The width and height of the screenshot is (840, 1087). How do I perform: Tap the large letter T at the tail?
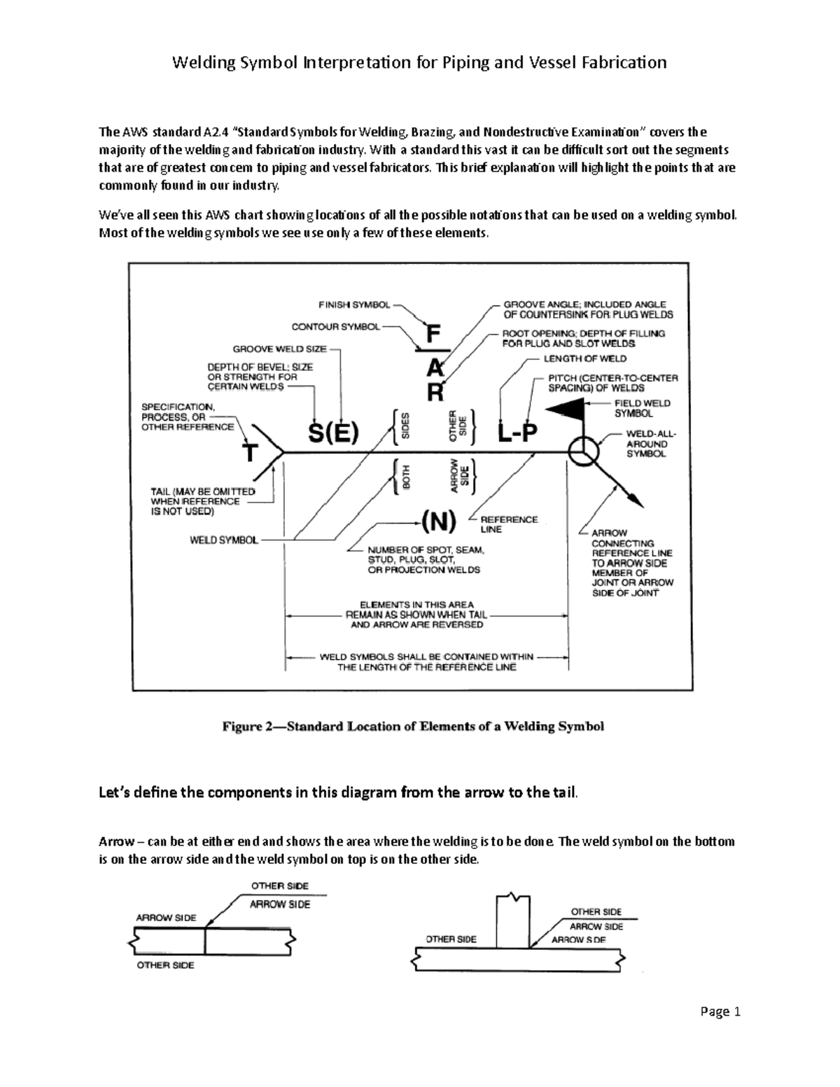[x=249, y=453]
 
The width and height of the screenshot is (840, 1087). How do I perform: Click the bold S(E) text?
[x=334, y=435]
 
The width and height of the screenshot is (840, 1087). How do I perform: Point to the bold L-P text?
[x=517, y=435]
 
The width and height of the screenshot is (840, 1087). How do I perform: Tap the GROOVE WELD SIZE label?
[x=279, y=348]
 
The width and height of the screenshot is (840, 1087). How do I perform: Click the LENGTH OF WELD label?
[x=585, y=358]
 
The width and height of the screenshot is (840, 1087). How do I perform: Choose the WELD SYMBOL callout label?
[x=223, y=540]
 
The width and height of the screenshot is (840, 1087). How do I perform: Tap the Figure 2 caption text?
[x=412, y=727]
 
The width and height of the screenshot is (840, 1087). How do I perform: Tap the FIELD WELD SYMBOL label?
[x=642, y=408]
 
